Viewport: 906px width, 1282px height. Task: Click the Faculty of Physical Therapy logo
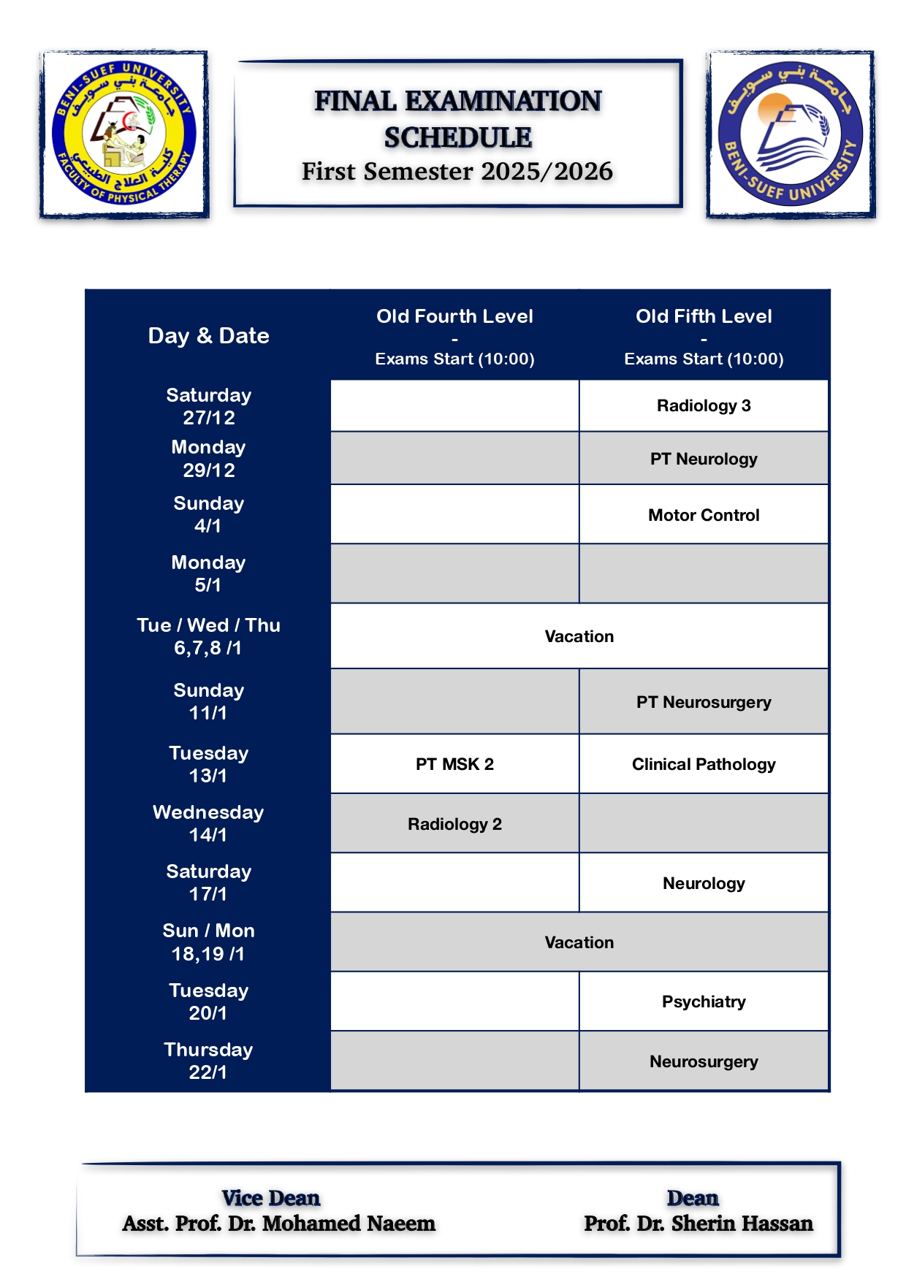124,135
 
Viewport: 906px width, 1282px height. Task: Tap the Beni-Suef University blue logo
791,135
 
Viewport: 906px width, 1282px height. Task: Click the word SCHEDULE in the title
458,137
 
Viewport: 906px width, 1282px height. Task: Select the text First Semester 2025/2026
457,172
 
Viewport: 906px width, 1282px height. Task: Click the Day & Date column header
208,335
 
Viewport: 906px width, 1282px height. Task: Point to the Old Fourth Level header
454,316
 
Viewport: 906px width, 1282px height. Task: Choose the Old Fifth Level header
704,316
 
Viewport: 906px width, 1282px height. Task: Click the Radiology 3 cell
704,405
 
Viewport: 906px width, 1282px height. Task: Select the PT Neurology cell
704,459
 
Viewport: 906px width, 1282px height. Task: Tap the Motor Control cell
704,515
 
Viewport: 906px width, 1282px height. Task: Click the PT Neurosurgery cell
704,702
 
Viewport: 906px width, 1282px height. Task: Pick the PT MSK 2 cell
454,764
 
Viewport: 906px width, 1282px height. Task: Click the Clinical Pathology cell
704,764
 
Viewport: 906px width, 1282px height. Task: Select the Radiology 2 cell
454,824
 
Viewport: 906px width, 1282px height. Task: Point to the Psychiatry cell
704,1001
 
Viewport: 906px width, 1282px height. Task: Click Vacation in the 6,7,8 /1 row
579,636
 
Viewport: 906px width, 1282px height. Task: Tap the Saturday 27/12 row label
208,406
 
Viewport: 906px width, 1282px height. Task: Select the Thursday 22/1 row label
208,1061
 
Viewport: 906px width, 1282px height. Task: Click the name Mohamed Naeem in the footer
349,1224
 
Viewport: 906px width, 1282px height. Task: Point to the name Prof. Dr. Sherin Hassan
698,1224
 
